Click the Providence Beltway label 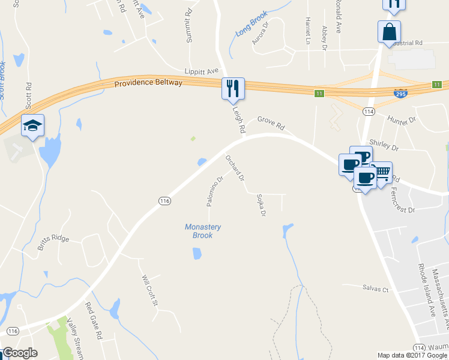(148, 83)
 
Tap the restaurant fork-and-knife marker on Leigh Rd (232, 89)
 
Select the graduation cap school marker (33, 125)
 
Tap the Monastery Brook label (203, 231)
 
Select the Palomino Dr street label (215, 191)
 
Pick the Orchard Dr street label (235, 168)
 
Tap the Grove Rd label (271, 123)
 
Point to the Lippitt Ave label (201, 71)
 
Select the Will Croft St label (149, 290)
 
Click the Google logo (20, 353)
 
